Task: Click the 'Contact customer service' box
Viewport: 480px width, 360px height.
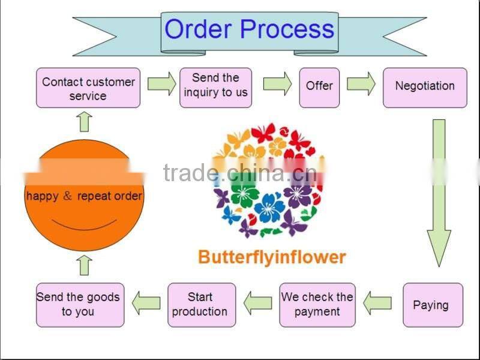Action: (88, 88)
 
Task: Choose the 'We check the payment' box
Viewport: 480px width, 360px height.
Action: (317, 305)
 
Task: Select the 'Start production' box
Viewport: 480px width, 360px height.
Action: (201, 305)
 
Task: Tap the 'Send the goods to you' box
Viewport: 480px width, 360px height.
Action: (80, 305)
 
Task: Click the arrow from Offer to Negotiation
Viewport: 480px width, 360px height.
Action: (361, 84)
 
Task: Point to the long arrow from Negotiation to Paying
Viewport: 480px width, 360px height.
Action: (439, 192)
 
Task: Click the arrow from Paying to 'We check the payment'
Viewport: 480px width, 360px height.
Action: (377, 302)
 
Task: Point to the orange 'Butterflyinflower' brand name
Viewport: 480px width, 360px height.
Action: (272, 257)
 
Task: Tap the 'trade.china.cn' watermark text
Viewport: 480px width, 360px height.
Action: (240, 173)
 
